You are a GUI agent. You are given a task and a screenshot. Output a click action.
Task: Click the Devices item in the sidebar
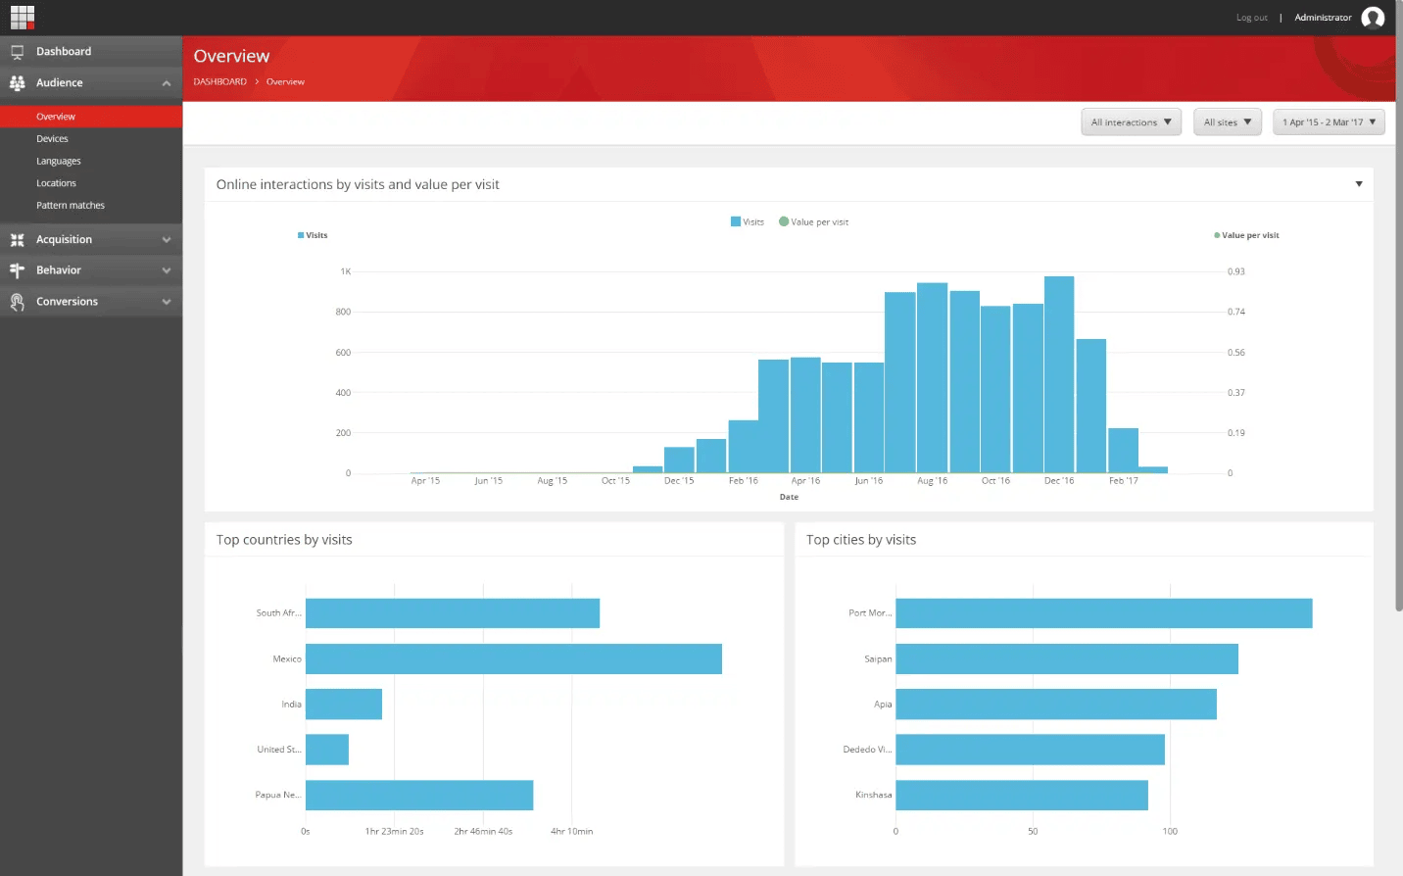pos(52,139)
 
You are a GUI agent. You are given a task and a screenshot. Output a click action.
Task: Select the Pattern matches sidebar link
pos(71,206)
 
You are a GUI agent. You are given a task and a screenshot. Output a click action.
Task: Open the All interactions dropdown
pos(1132,122)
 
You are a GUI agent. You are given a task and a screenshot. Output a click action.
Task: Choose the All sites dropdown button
pos(1227,122)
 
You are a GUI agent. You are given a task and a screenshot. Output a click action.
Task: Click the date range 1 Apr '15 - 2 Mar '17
pos(1329,122)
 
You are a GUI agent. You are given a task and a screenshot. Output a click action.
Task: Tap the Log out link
pos(1251,18)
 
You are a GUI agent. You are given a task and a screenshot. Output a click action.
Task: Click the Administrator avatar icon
pos(1373,18)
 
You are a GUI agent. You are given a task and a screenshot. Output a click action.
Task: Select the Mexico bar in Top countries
pos(513,658)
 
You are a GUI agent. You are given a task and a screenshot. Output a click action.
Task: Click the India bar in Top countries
pos(343,704)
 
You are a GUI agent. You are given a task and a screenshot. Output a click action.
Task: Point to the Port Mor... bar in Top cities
pos(1103,613)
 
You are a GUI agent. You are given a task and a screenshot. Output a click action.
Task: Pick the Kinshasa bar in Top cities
pos(1021,795)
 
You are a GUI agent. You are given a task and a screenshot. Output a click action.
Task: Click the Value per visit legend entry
pos(814,222)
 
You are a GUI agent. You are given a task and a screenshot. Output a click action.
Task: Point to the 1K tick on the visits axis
pos(345,271)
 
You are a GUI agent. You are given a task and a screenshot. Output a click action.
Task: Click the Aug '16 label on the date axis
pos(932,481)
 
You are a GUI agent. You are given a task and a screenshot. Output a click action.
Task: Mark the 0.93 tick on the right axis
pos(1235,271)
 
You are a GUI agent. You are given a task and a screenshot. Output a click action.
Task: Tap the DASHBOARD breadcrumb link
pos(219,82)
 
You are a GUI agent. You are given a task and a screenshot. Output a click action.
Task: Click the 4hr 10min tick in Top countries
pos(571,832)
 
